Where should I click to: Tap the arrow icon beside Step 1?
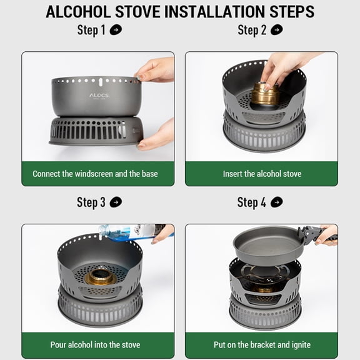[116, 30]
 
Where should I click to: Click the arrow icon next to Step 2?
[277, 30]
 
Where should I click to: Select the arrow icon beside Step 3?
[116, 202]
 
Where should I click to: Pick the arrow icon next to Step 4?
[277, 202]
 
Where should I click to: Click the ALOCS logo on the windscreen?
[99, 96]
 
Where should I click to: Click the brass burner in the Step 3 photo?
[101, 277]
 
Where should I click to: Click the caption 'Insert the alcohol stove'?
[262, 174]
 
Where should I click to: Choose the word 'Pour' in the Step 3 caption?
[58, 345]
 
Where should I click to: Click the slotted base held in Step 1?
[96, 131]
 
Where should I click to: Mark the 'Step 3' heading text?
[91, 202]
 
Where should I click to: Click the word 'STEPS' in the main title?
[292, 11]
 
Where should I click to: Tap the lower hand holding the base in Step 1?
[156, 136]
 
